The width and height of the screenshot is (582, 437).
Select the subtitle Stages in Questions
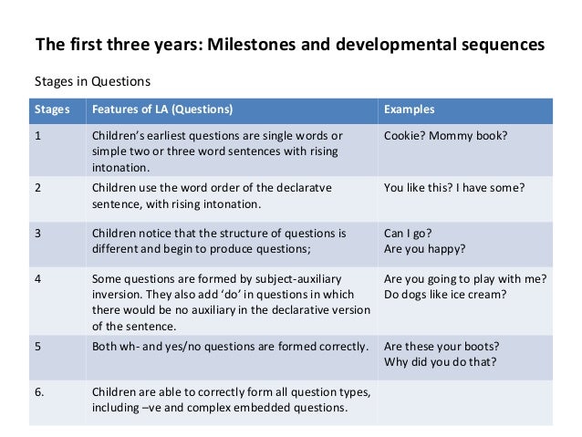(x=91, y=80)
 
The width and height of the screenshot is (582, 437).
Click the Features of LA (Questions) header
(x=161, y=109)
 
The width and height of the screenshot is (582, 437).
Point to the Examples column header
(x=409, y=109)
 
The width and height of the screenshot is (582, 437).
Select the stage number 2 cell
(x=38, y=188)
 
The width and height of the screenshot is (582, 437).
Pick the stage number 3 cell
(x=38, y=233)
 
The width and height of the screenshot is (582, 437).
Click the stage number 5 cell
(x=38, y=347)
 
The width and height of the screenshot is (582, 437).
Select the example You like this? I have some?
(x=454, y=188)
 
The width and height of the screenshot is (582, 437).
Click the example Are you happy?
(x=425, y=248)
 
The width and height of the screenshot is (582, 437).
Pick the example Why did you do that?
(x=441, y=362)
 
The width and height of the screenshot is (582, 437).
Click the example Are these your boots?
(x=442, y=347)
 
